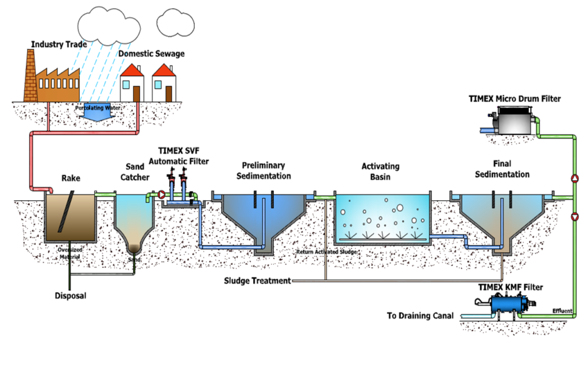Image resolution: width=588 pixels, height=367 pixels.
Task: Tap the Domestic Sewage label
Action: click(152, 54)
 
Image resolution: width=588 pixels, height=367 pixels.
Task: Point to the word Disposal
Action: click(71, 296)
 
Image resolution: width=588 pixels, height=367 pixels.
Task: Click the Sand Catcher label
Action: click(134, 174)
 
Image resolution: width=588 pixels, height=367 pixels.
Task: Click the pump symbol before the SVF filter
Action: click(161, 194)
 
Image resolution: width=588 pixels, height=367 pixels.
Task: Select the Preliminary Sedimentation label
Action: click(264, 170)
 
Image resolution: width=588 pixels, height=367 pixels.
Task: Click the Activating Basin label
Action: click(380, 171)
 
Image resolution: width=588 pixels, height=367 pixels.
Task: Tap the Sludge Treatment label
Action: click(257, 281)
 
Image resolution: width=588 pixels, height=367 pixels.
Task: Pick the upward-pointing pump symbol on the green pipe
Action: click(575, 178)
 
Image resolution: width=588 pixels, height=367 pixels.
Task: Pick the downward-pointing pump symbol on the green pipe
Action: click(575, 216)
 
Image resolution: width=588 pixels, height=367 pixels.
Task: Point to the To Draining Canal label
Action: click(420, 316)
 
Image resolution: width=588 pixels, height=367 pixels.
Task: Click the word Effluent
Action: click(562, 311)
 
